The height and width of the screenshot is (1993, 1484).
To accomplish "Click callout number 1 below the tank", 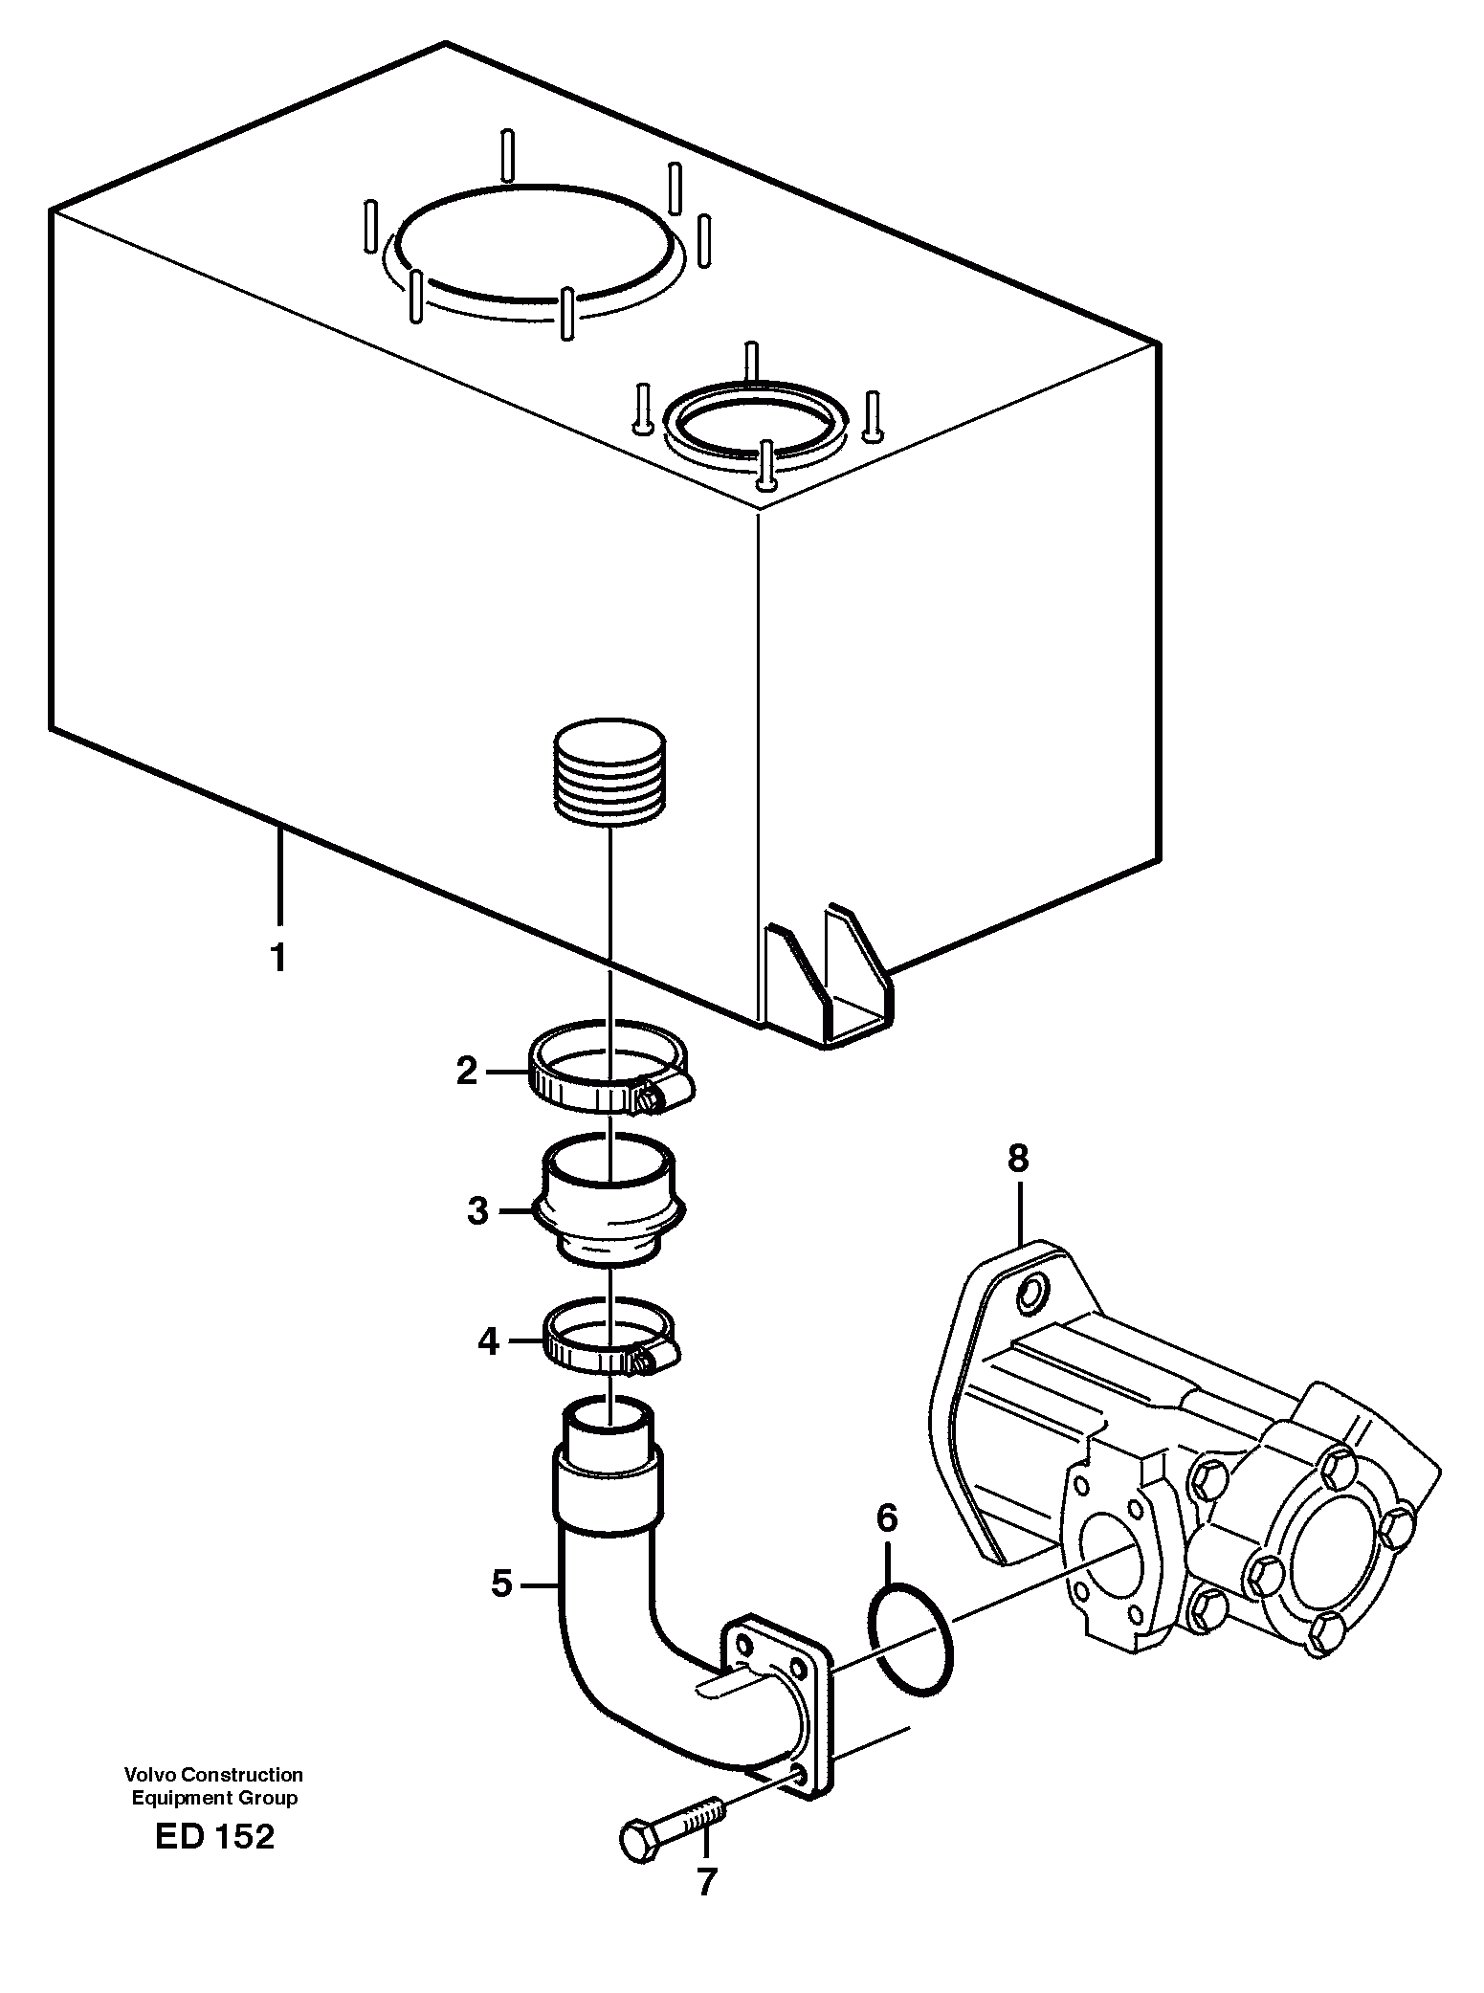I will tap(278, 957).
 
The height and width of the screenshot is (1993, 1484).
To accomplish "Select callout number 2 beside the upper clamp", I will tap(466, 1071).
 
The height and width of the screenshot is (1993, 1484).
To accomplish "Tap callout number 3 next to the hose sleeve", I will tap(478, 1211).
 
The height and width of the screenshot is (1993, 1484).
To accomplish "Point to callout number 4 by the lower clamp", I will tap(488, 1342).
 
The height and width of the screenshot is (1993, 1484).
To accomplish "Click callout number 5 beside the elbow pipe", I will tap(502, 1583).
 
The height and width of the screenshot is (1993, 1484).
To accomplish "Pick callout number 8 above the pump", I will tap(1017, 1159).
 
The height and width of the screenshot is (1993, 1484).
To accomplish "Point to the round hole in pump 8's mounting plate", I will tap(1030, 1295).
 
